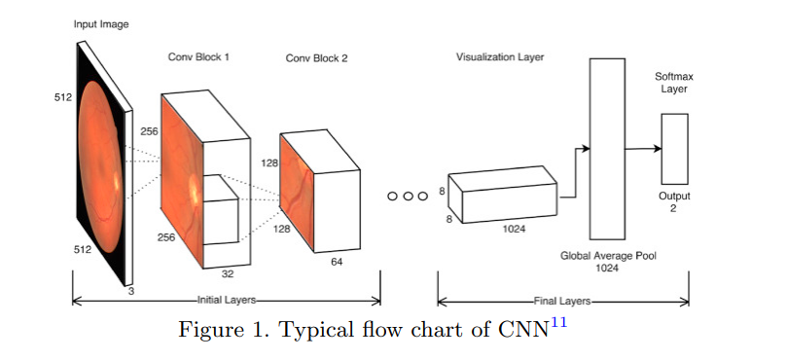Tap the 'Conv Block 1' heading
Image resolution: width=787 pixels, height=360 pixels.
198,57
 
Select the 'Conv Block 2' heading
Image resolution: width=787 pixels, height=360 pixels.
316,58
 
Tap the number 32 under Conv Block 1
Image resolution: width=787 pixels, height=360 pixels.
228,273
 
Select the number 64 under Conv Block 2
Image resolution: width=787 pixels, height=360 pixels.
336,262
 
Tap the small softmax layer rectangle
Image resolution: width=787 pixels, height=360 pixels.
674,148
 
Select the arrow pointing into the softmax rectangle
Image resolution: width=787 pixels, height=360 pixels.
642,148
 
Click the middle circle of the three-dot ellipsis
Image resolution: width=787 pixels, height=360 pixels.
408,196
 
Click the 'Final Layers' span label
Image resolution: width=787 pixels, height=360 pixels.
563,301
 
